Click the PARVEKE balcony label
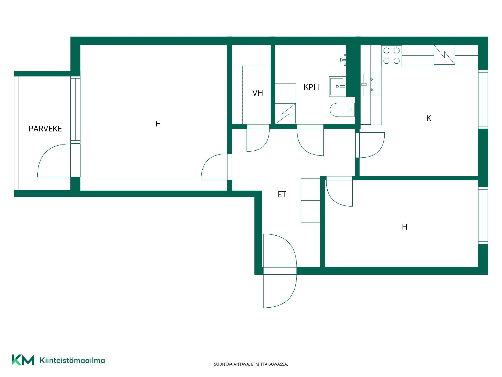[45, 129]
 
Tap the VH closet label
[258, 93]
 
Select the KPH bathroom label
[311, 87]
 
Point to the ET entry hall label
[282, 194]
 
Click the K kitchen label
[429, 118]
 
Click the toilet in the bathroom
[342, 110]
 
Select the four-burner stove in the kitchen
[391, 56]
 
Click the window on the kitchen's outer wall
[483, 99]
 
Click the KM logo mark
[23, 360]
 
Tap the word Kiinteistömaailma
[72, 360]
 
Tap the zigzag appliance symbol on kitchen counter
[444, 56]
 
